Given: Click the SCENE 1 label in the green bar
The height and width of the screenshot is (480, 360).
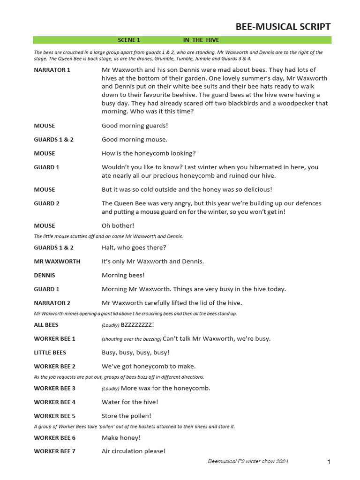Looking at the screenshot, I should (129, 40).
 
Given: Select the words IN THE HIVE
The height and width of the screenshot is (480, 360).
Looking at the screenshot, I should (201, 40).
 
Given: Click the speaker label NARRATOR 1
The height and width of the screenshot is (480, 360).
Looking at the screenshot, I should (52, 70).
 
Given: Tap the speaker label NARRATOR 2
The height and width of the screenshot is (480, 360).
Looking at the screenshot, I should (52, 303).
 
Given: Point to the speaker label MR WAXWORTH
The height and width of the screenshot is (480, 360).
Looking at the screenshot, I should (57, 261).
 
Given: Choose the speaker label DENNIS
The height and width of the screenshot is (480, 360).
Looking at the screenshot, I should (45, 275).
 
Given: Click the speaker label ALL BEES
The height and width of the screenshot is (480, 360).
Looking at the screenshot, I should (46, 324).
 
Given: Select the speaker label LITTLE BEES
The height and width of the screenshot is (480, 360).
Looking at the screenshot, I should (50, 352).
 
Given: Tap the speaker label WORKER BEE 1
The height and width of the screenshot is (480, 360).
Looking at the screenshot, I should (54, 338).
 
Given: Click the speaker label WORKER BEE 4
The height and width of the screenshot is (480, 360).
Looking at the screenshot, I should (54, 402).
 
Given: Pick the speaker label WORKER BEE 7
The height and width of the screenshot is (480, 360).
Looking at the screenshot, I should (54, 451).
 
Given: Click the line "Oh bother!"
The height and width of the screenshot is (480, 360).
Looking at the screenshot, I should (118, 225).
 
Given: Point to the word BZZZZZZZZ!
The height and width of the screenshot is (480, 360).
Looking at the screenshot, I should (137, 324).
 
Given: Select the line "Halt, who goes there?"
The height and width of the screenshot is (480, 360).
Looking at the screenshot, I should (134, 247).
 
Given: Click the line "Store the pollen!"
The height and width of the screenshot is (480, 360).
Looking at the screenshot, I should (127, 416).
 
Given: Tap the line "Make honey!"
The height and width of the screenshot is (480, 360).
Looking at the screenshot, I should (121, 438).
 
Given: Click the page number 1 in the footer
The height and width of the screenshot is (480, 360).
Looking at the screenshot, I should (329, 462).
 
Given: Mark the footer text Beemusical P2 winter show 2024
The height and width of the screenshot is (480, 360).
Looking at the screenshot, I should (248, 461).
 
